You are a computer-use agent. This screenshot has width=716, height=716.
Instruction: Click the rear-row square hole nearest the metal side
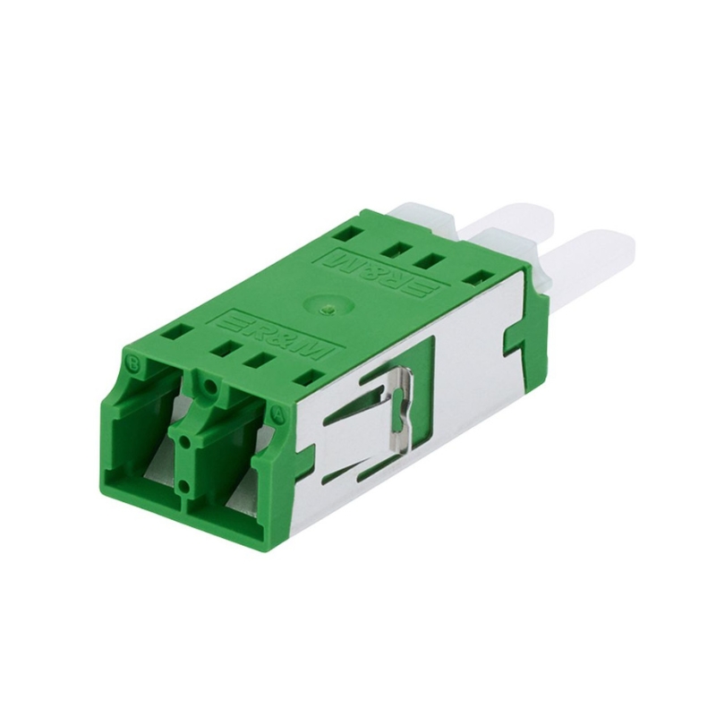point(480,277)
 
